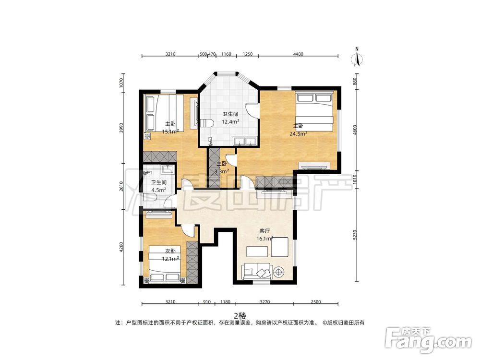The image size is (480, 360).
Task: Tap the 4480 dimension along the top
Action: (298, 54)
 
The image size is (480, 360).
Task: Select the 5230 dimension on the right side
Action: (355, 235)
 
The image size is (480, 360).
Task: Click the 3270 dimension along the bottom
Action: (265, 302)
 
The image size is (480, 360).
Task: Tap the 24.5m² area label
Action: (299, 133)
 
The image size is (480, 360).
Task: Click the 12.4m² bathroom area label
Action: (230, 121)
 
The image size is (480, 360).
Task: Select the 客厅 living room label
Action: (264, 231)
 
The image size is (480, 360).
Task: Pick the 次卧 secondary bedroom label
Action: (170, 251)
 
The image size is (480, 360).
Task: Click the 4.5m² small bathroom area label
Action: (158, 190)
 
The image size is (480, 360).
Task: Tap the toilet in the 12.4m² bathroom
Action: (207, 123)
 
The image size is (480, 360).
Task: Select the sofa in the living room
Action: (256, 271)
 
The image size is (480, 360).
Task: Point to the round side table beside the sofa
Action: (279, 272)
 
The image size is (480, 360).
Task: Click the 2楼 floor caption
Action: (240, 315)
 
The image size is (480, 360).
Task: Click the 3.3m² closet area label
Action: (222, 171)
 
